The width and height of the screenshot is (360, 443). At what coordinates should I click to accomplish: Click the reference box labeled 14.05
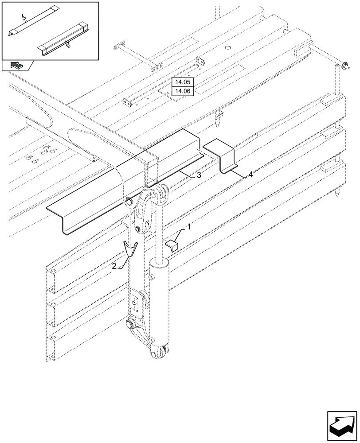182,82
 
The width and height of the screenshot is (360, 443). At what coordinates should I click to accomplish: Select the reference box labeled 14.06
182,91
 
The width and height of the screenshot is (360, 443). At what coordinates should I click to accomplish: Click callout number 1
189,227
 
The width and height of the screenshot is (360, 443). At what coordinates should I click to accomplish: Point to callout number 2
114,266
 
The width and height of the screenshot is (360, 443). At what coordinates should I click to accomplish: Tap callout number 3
199,175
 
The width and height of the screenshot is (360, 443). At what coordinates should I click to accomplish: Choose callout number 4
250,175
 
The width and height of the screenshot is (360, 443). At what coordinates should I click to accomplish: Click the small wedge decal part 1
172,245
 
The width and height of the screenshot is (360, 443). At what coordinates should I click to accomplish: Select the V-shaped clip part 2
130,249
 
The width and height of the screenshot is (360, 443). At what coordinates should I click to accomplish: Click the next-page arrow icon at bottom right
342,426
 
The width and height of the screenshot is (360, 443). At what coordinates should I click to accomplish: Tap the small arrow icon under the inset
16,66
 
